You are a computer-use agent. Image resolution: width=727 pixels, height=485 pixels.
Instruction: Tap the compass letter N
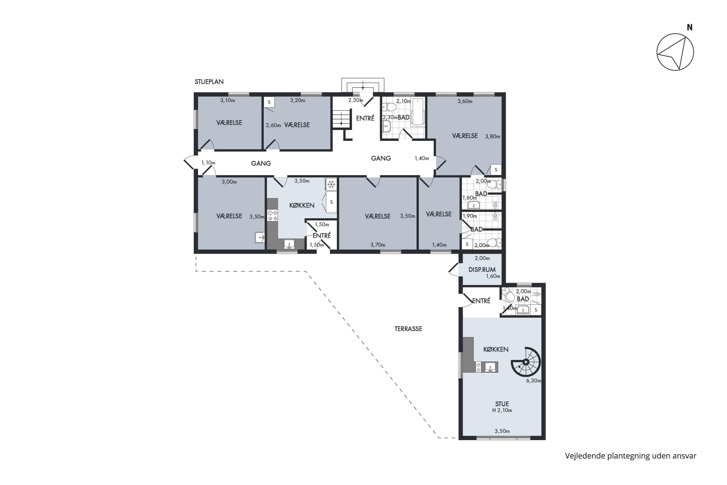coord(689,28)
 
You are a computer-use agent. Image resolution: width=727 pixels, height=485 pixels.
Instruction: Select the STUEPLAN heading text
coord(209,82)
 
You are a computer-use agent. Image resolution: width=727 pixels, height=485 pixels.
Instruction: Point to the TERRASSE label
coord(408,329)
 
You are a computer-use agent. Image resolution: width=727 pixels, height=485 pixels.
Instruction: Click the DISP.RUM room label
coord(482,270)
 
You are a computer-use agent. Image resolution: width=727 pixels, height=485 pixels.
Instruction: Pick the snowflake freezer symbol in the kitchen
coord(331,185)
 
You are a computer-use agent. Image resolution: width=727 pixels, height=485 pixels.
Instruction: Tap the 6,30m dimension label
coord(534,381)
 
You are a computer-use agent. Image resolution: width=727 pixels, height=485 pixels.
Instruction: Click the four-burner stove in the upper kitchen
coord(272,215)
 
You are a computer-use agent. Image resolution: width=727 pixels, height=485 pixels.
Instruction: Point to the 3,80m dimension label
coord(492,136)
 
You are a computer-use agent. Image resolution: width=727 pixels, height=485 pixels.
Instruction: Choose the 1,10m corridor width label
coord(208,163)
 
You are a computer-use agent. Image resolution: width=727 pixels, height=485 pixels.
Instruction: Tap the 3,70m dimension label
coord(378,245)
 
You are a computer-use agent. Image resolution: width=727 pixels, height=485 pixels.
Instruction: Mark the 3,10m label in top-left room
coord(228,100)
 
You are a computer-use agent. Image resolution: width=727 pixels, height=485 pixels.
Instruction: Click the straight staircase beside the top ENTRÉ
coord(341,119)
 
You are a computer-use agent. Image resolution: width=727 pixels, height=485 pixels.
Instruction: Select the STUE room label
coord(502,404)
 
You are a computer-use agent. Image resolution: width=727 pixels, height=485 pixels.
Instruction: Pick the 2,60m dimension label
coord(273,126)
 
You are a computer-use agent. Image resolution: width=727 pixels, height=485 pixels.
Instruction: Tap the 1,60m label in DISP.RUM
coord(493,276)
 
